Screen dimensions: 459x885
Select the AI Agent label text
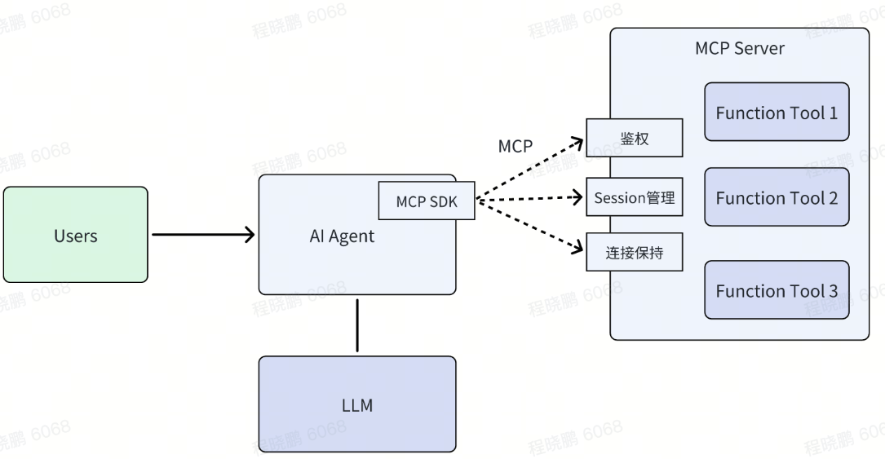pyautogui.click(x=342, y=236)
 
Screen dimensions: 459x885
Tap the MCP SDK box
pyautogui.click(x=427, y=201)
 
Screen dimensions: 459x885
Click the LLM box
pyautogui.click(x=357, y=404)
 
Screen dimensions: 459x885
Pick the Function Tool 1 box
pyautogui.click(x=777, y=112)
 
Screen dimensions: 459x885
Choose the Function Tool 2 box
pyautogui.click(x=777, y=197)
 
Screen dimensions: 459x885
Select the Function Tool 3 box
pyautogui.click(x=777, y=290)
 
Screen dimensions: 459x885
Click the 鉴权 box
pyautogui.click(x=634, y=139)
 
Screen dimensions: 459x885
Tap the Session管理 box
pyautogui.click(x=634, y=198)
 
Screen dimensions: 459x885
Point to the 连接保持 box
pyautogui.click(x=634, y=253)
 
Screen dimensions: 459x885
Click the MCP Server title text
pyautogui.click(x=739, y=48)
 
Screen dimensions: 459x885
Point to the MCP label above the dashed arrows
pyautogui.click(x=515, y=147)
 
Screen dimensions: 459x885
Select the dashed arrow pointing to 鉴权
pyautogui.click(x=530, y=170)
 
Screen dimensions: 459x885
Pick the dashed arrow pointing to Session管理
pyautogui.click(x=530, y=199)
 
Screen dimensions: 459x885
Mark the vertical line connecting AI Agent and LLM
pyautogui.click(x=357, y=325)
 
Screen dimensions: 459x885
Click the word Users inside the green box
pyautogui.click(x=76, y=236)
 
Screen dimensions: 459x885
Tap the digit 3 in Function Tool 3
pyautogui.click(x=833, y=291)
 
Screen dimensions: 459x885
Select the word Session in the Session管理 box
pyautogui.click(x=619, y=198)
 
